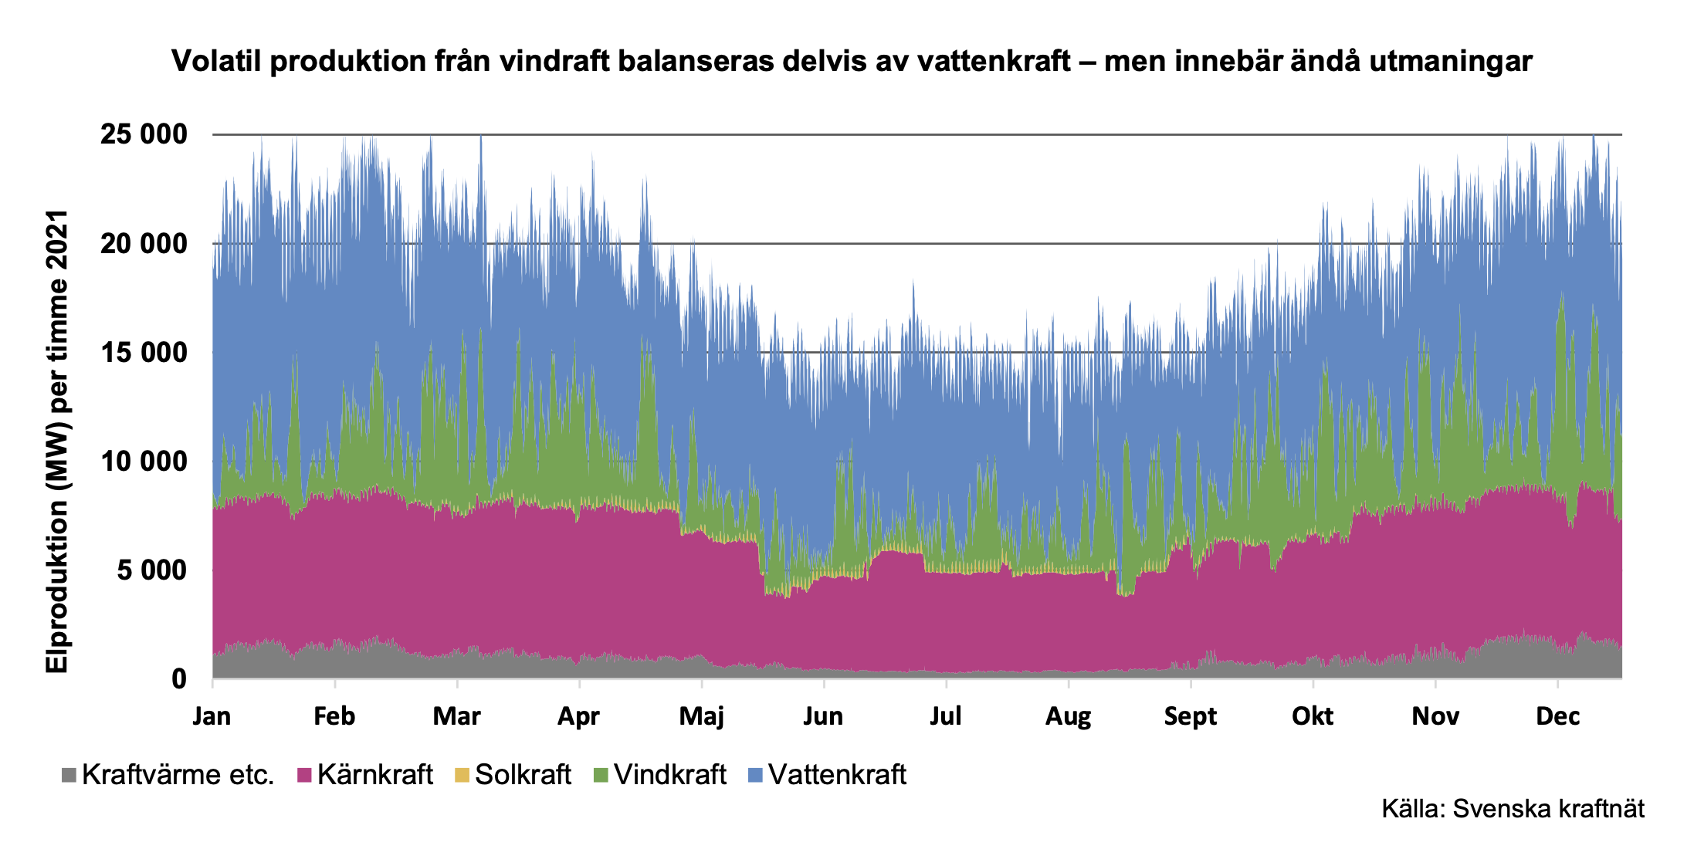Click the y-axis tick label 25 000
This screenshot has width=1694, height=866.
coord(144,134)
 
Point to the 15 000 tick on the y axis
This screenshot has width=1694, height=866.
coord(144,353)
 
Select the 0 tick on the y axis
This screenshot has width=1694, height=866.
coord(178,679)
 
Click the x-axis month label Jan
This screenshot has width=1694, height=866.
coord(212,716)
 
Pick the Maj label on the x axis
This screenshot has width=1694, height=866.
coord(701,716)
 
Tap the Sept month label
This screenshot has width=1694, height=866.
coord(1190,716)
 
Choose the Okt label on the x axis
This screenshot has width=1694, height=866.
coord(1313,716)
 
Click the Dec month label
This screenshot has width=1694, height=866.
coord(1557,716)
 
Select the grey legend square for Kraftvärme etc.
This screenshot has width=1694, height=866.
coord(69,775)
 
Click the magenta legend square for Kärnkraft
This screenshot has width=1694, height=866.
coord(304,775)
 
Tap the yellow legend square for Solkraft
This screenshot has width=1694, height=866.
coord(462,775)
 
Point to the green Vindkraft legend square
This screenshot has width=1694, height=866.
coord(601,775)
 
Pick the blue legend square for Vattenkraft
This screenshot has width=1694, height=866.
coord(755,775)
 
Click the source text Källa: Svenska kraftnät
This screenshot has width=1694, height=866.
coord(1513,809)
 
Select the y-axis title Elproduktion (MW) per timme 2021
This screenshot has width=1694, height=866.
coord(57,441)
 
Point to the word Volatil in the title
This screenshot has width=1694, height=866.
coord(215,61)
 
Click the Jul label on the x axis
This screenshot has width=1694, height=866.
coord(945,716)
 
